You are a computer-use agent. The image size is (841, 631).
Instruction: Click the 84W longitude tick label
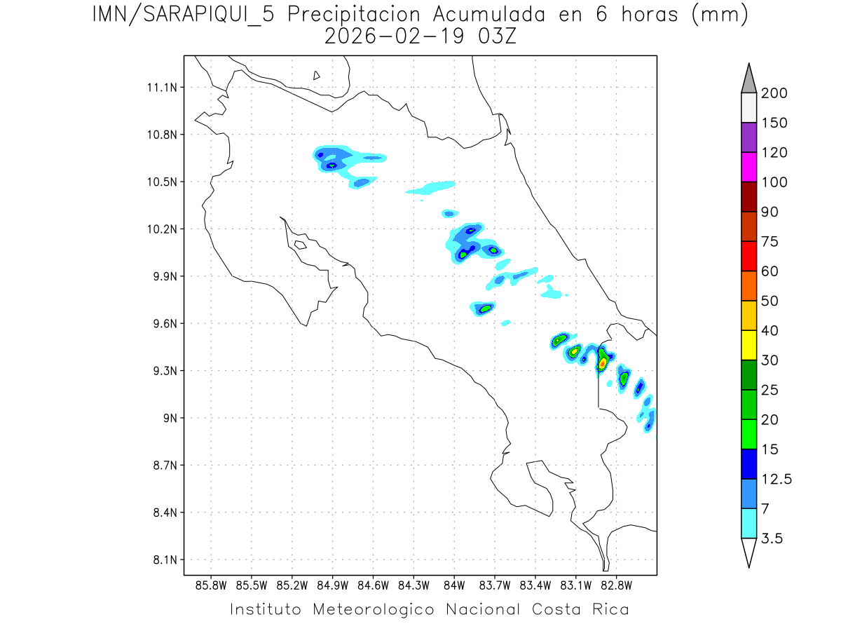pyautogui.click(x=454, y=584)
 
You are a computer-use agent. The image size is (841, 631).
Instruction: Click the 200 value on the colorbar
pyautogui.click(x=775, y=93)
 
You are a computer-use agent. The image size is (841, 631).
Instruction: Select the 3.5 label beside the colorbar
pyautogui.click(x=772, y=538)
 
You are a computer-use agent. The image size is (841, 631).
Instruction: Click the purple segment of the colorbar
pyautogui.click(x=748, y=138)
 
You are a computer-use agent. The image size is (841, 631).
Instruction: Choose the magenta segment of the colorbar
pyautogui.click(x=748, y=168)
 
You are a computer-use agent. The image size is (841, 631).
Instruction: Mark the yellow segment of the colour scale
pyautogui.click(x=748, y=345)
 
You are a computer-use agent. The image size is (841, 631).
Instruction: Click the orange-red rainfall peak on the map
pyautogui.click(x=602, y=364)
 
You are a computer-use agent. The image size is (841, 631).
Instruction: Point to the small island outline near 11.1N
pyautogui.click(x=317, y=75)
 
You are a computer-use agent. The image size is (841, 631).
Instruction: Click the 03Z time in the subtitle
pyautogui.click(x=496, y=36)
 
